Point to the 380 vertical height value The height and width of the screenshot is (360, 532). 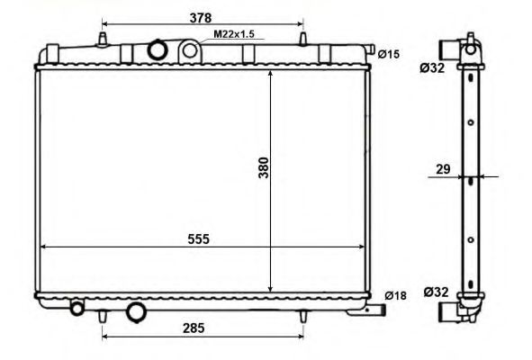(264, 167)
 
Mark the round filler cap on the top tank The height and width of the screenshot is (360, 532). (158, 49)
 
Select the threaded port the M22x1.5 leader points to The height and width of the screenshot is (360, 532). (189, 50)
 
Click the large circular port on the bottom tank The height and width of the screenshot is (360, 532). (137, 312)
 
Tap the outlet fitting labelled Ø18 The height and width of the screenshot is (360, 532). (377, 310)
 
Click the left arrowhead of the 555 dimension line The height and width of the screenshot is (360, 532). (41, 247)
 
